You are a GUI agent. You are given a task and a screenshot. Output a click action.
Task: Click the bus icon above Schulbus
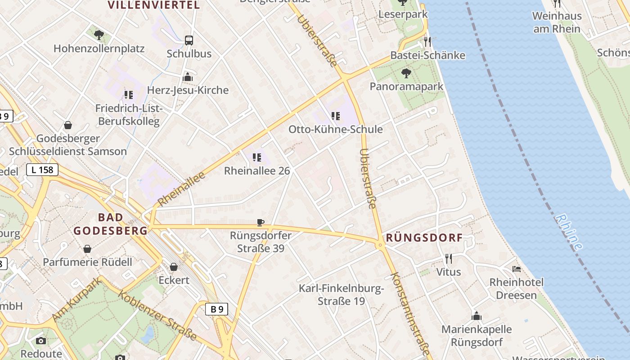tap(189, 40)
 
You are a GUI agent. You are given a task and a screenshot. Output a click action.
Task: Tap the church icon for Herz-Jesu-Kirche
tap(188, 77)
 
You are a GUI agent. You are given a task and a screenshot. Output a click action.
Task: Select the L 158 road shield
tap(42, 170)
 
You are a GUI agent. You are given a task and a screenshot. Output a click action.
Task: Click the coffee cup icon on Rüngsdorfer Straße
tap(260, 222)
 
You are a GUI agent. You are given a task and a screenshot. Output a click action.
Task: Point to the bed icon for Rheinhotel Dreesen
tap(517, 269)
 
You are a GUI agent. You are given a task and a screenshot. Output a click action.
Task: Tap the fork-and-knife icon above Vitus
tap(448, 258)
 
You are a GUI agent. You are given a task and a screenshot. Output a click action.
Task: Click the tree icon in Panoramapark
tap(406, 73)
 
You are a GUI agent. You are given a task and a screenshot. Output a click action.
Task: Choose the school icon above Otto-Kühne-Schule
tap(335, 116)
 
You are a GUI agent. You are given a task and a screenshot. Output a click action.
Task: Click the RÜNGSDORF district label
tap(424, 238)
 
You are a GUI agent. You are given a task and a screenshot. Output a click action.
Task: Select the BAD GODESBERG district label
tap(110, 224)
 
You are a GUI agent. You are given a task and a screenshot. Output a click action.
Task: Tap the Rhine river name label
tap(569, 232)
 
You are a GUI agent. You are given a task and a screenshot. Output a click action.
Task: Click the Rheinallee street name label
tap(182, 189)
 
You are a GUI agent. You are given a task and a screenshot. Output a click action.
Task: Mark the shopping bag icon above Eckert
tap(174, 267)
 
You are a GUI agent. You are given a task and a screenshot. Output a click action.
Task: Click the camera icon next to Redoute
tap(41, 341)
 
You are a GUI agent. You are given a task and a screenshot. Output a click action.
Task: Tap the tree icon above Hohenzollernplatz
tap(99, 35)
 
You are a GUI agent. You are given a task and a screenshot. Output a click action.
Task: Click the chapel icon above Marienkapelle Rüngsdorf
tap(477, 316)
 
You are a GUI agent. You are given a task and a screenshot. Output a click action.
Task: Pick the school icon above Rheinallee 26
tap(257, 157)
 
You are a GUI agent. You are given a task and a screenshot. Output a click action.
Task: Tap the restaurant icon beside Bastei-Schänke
tap(427, 42)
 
